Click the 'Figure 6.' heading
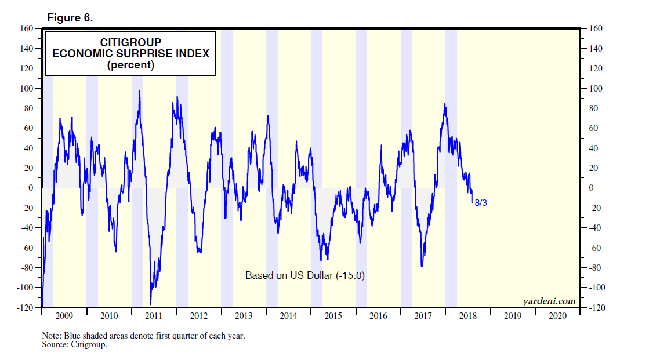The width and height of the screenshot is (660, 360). tap(70, 18)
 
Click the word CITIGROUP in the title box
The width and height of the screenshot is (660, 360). tap(130, 42)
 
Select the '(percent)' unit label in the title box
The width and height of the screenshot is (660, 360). tap(130, 65)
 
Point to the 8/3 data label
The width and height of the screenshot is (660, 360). tap(481, 203)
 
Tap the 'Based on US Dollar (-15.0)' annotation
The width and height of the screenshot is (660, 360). tap(305, 275)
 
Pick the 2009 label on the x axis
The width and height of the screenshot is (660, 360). tap(64, 316)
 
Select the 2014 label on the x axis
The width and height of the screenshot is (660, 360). tap(288, 316)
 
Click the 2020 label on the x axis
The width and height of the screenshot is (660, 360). tap(557, 316)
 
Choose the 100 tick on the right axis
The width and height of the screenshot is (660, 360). tap(596, 89)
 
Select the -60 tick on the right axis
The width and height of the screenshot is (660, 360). tap(596, 248)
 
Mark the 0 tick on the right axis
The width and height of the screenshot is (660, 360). tap(591, 188)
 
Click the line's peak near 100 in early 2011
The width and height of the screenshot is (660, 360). tap(139, 91)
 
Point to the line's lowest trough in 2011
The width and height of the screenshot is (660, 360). tap(151, 304)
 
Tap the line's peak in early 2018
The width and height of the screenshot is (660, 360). tap(445, 104)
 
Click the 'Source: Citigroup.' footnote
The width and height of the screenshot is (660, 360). tap(75, 345)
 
